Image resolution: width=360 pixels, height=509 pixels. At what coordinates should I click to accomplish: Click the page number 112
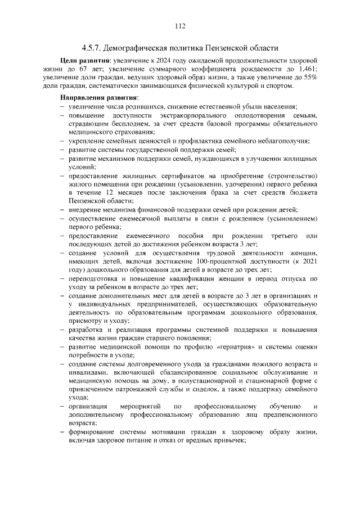(x=180, y=26)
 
